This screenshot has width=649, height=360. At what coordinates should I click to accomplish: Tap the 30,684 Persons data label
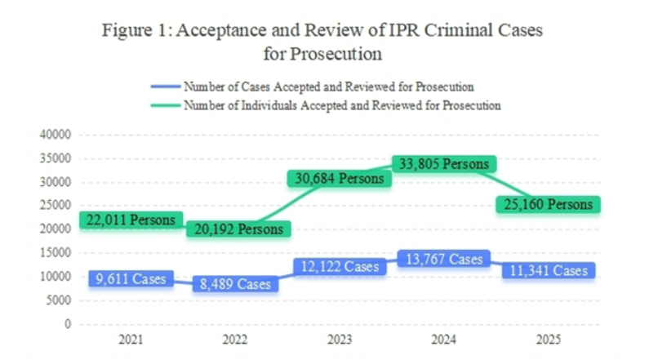tap(336, 178)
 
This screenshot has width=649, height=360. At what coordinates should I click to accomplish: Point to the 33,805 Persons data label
tap(441, 165)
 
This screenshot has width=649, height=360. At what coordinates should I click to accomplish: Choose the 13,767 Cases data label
tap(441, 260)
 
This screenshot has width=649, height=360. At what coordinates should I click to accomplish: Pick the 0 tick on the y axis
tap(69, 324)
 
